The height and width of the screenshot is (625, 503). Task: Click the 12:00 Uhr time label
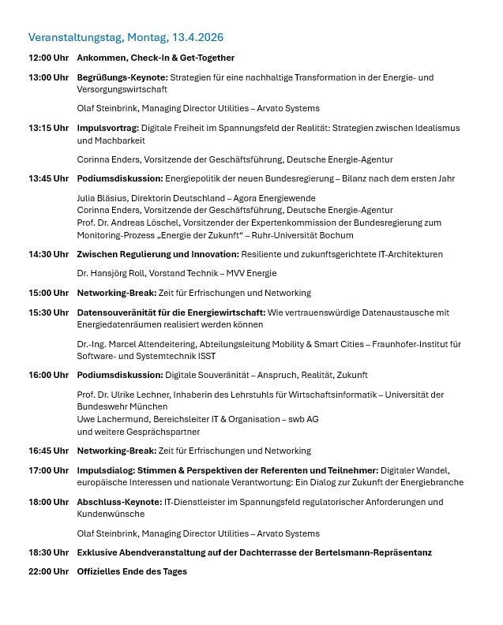48,58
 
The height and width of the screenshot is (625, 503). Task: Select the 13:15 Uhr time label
48,128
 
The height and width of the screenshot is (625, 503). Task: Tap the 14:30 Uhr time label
48,254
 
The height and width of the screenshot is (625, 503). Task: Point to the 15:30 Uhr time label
48,312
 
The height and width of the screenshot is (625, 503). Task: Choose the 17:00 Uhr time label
48,470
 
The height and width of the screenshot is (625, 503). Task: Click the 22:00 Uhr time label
48,571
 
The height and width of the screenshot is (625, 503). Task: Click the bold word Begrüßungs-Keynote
122,77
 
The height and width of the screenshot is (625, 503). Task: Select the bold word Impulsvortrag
107,128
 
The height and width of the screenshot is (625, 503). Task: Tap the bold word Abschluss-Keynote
118,502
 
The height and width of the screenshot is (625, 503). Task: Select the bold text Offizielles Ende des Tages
132,571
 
